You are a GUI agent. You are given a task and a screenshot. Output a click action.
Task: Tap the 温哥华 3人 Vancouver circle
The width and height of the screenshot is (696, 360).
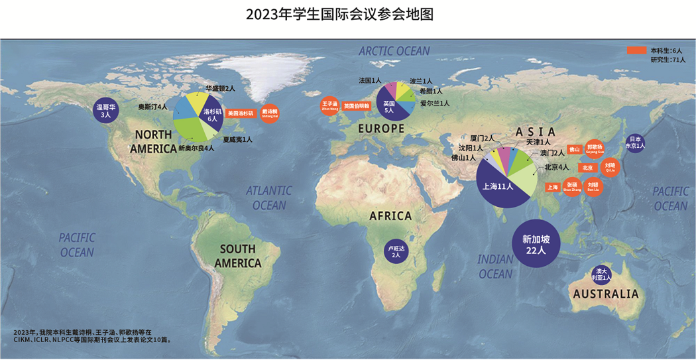tap(106, 110)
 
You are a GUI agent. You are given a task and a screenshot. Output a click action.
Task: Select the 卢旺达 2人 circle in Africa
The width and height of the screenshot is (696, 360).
tap(396, 252)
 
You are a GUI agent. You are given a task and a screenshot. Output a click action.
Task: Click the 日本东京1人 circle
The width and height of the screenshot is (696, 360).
tap(635, 143)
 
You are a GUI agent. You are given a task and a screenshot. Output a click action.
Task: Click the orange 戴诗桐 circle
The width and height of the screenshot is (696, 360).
tap(269, 113)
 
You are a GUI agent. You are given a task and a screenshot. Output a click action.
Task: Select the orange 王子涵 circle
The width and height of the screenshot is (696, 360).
tap(330, 107)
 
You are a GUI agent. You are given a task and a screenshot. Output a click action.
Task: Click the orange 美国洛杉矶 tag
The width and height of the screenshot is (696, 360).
tap(240, 113)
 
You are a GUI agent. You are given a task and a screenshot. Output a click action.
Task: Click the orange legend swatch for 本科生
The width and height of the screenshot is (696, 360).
tap(636, 50)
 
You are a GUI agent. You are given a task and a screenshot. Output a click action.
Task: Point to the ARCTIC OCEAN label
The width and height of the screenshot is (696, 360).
tap(394, 51)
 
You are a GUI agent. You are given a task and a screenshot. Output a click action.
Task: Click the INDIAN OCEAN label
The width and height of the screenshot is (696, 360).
tap(495, 267)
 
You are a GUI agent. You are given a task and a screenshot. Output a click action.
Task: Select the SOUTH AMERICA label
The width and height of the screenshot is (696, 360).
tap(238, 256)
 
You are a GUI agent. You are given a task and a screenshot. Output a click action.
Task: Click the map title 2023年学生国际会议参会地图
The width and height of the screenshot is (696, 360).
tap(339, 15)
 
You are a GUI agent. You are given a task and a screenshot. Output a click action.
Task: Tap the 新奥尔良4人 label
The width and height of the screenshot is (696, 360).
tap(196, 149)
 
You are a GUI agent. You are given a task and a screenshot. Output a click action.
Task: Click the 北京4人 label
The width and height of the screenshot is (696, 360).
tap(557, 167)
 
